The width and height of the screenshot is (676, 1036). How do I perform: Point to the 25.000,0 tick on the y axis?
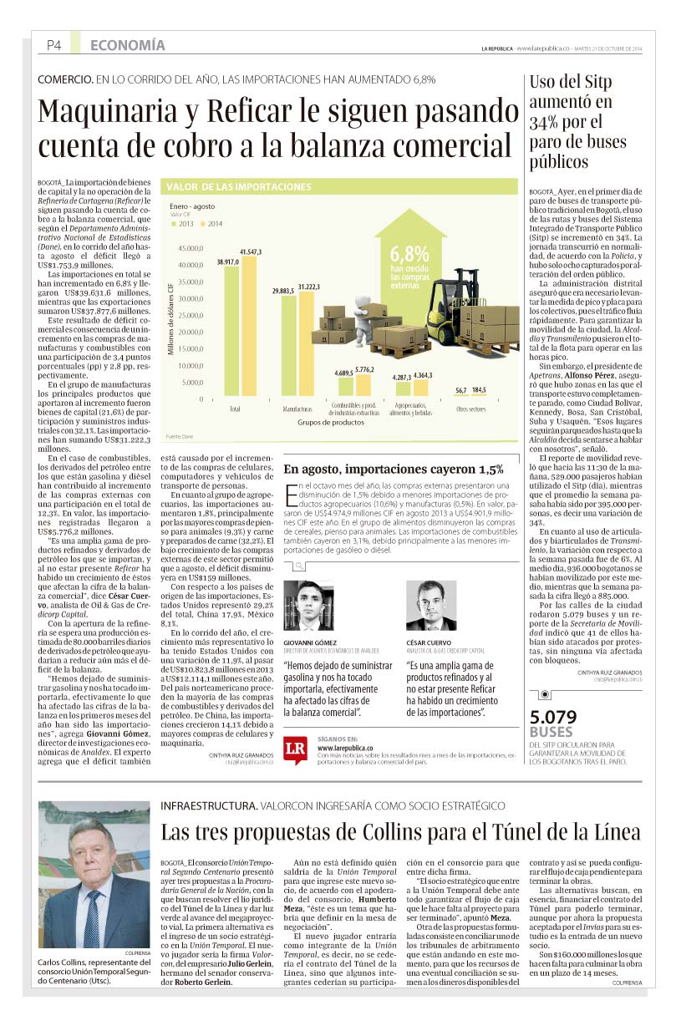coord(191,315)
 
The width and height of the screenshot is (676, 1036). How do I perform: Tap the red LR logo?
coord(296,747)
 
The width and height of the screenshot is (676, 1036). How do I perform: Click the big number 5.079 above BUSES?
coord(554,718)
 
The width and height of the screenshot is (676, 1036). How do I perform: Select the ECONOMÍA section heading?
coord(127,45)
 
